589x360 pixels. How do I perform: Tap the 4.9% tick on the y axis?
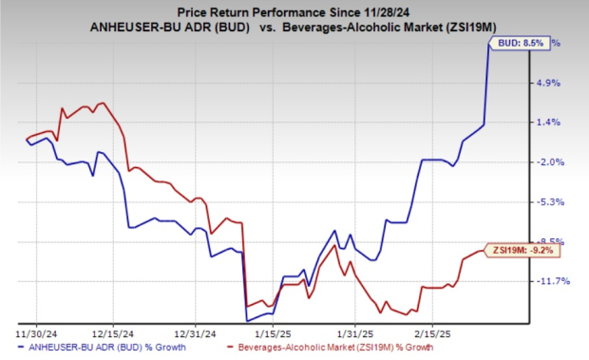551,83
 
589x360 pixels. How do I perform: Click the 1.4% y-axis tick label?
551,123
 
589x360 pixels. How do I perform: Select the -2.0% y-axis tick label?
551,162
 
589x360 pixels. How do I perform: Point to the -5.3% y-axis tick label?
551,202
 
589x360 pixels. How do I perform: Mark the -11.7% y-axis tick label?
551,281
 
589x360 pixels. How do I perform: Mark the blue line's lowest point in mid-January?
247,320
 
